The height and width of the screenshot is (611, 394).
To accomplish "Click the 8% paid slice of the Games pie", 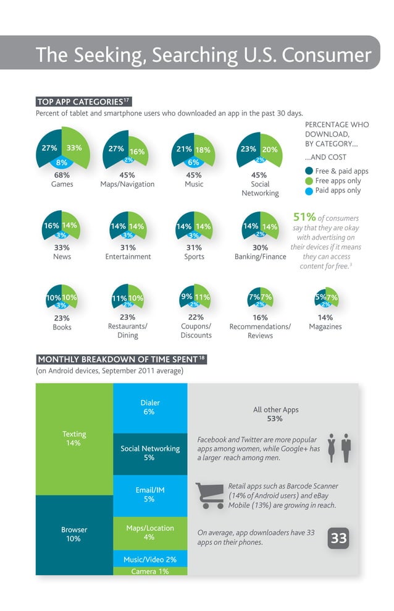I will pos(62,163).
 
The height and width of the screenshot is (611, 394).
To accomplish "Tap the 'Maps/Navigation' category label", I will pos(127,184).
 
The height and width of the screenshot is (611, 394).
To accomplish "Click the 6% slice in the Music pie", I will pos(194,163).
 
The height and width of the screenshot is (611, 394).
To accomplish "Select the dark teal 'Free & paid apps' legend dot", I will pos(309,171).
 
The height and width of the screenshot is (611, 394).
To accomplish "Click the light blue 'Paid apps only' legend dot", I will pos(309,190).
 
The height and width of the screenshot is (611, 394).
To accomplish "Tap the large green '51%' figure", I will pos(304,217).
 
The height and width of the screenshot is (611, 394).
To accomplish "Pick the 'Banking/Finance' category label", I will pos(260,257).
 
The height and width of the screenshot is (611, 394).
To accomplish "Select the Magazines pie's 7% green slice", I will pos(332,297).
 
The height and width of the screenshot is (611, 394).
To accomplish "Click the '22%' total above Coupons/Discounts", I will pos(196,318).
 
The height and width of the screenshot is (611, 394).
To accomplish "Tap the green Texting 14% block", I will pos(74,438).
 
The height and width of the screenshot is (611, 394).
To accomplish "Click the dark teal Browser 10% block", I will pos(74,534).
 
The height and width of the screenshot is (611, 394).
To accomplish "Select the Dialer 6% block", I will pos(149,407).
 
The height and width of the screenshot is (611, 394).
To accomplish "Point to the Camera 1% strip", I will pos(149,571).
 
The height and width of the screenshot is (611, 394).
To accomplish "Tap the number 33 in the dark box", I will pos(338,539).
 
